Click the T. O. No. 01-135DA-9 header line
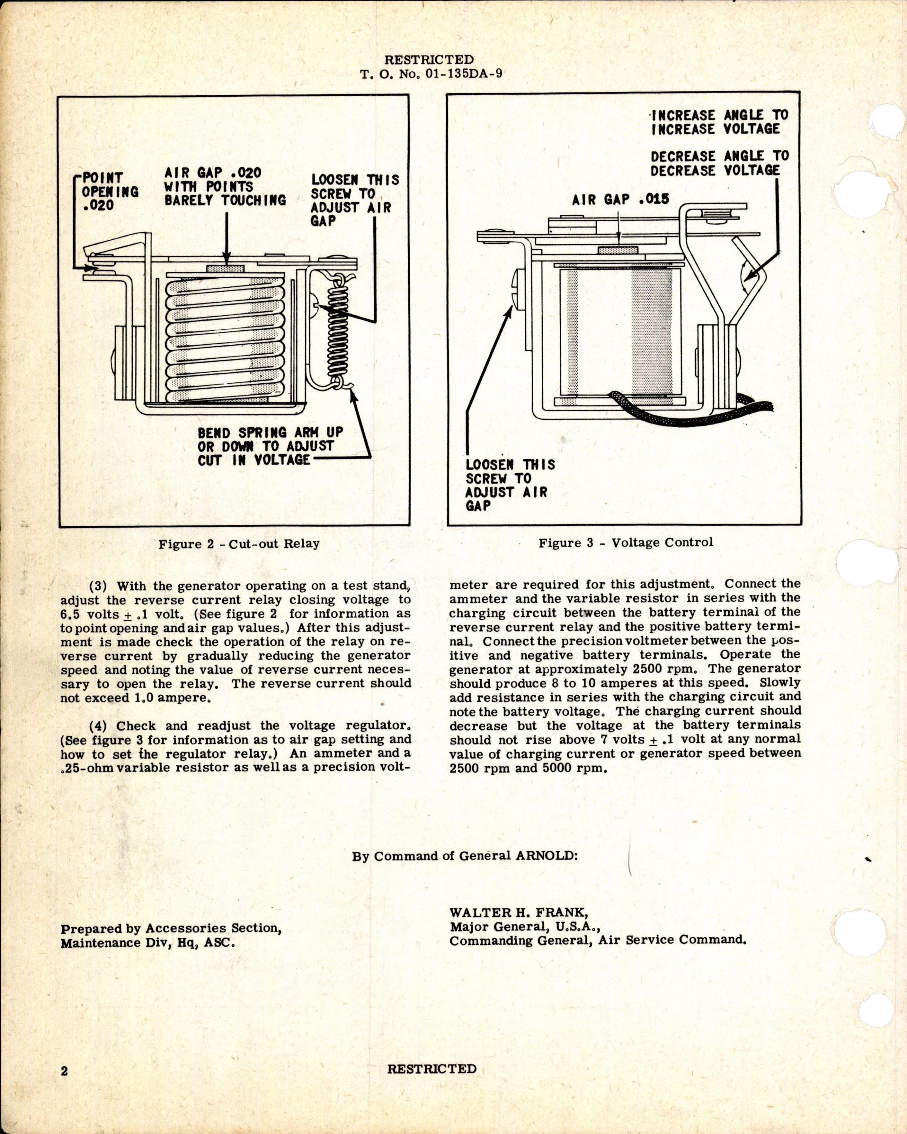pos(431,74)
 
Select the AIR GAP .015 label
pos(621,199)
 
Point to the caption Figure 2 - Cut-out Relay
pos(239,543)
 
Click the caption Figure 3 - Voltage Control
pos(626,542)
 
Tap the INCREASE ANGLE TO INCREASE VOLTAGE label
pos(719,122)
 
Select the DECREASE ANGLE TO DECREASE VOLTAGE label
pos(719,163)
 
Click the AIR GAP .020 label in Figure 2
pos(225,186)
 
